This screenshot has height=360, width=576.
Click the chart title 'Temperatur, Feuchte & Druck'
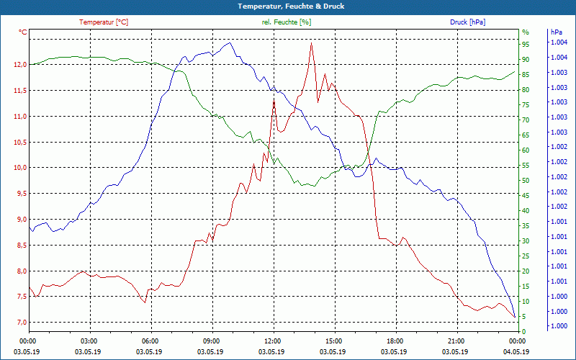(x=287, y=6)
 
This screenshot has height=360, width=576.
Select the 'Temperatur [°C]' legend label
(x=104, y=22)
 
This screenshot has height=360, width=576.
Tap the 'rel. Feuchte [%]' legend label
(x=286, y=22)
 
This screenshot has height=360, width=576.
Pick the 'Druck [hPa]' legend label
(x=467, y=22)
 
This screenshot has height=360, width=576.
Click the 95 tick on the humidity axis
(x=526, y=44)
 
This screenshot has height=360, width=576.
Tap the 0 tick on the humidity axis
(x=524, y=331)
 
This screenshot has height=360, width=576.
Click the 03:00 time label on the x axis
(x=89, y=341)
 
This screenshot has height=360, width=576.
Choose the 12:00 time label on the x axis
(x=273, y=341)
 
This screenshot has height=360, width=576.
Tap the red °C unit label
(x=23, y=32)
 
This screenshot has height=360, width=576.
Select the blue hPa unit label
(x=557, y=32)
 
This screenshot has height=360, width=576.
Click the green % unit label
(x=526, y=32)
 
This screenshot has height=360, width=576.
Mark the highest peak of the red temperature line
(x=311, y=43)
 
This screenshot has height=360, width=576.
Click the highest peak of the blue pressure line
(x=230, y=43)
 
